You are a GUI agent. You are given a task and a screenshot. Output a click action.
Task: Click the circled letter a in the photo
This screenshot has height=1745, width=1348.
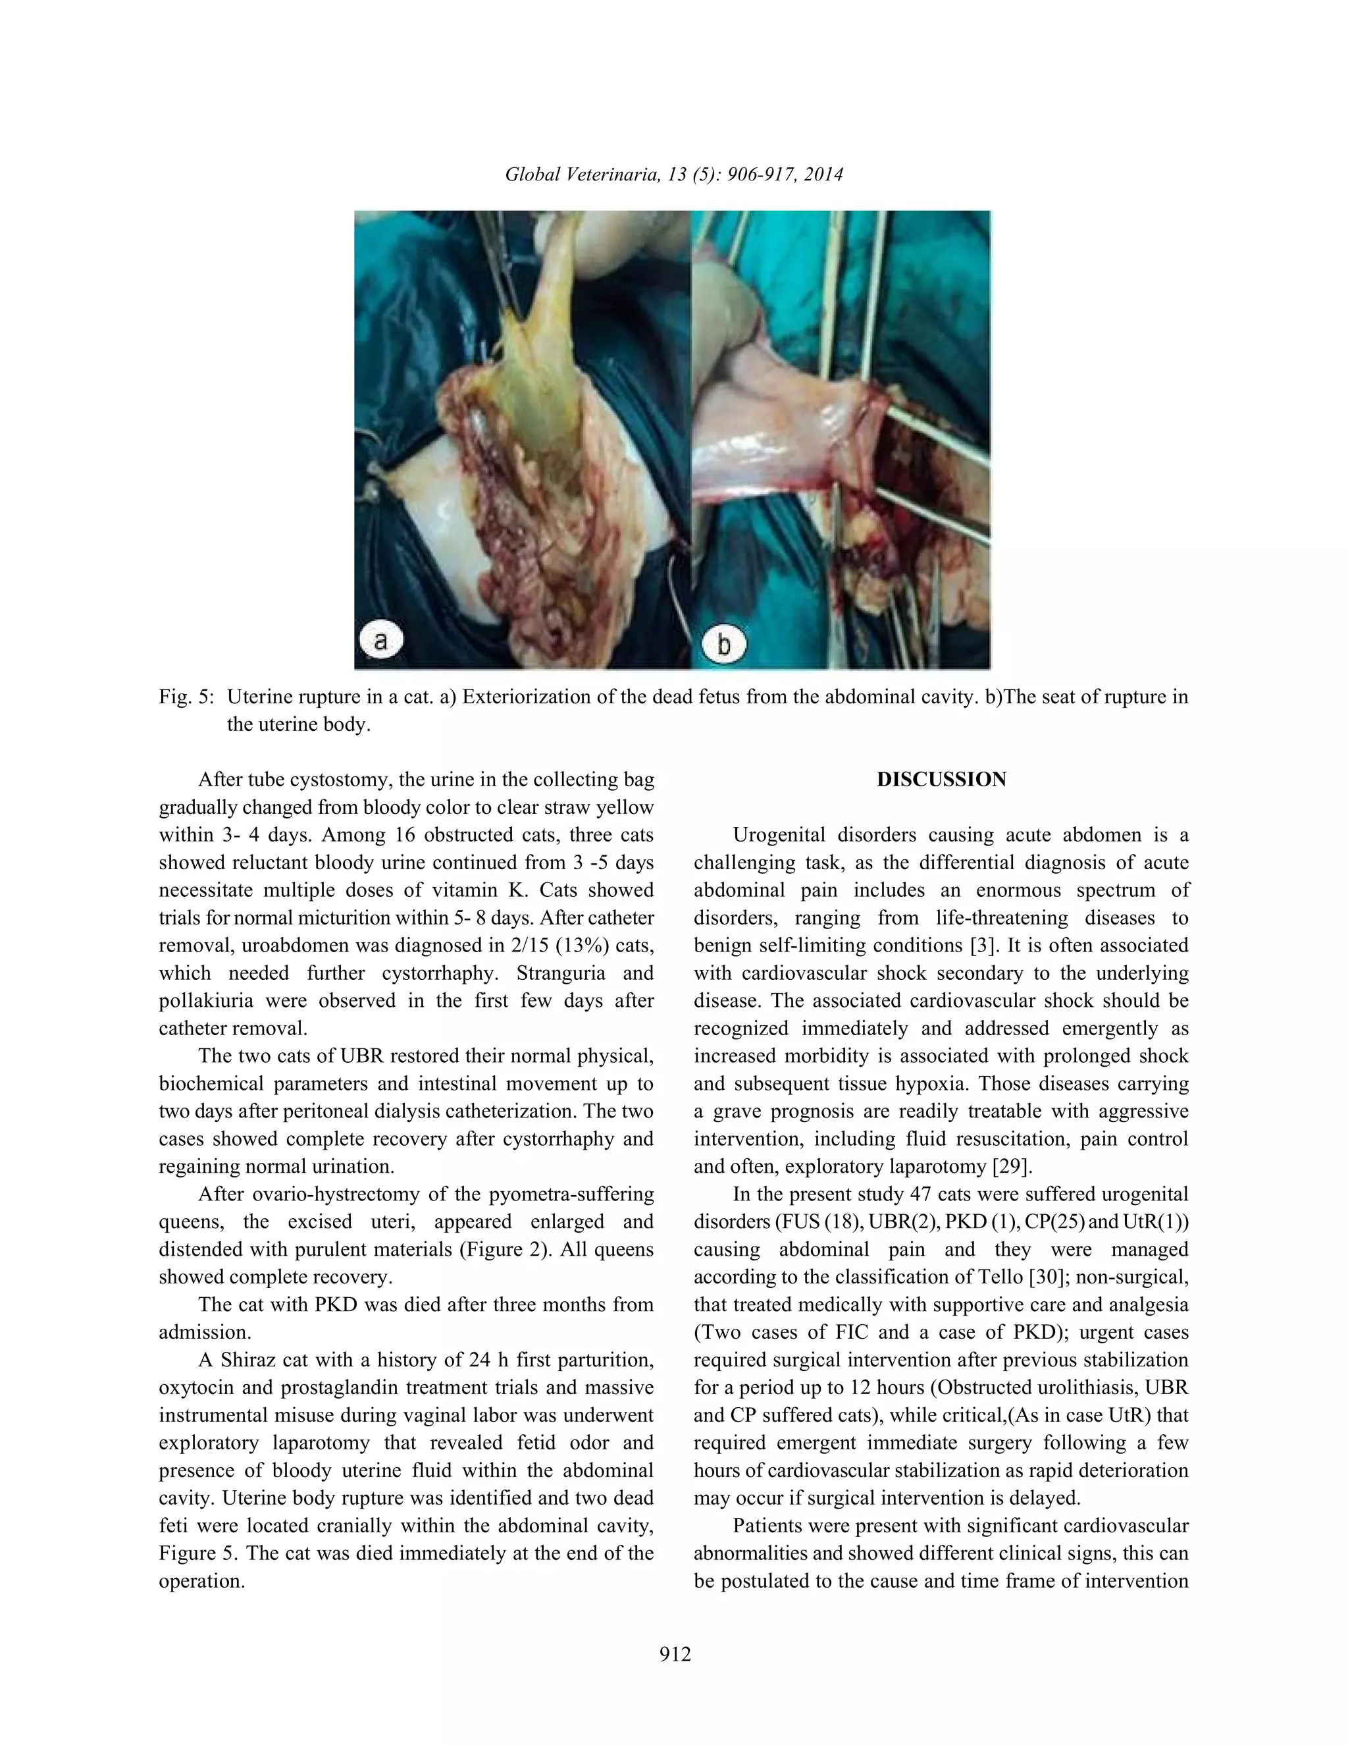[x=380, y=641]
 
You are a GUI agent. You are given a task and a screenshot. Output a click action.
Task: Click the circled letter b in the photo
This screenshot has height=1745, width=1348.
[x=723, y=643]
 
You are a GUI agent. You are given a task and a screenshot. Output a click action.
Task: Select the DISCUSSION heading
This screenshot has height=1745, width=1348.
[x=941, y=780]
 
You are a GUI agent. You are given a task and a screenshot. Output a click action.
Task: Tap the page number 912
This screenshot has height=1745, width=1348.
[x=675, y=1654]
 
